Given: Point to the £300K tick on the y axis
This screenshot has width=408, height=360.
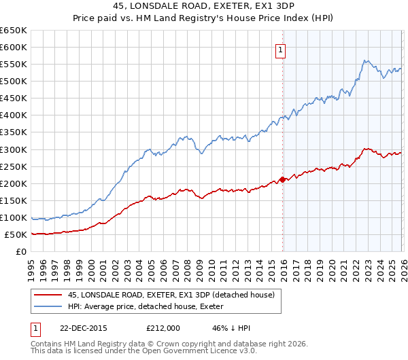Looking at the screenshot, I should click(x=14, y=149).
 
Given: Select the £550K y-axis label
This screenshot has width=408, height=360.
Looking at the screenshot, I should click(x=14, y=65).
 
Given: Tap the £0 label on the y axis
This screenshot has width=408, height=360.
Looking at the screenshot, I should click(x=21, y=252).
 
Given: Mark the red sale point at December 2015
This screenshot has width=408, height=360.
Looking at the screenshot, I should click(x=282, y=179).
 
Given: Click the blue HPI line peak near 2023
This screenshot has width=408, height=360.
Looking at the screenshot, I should click(x=365, y=60).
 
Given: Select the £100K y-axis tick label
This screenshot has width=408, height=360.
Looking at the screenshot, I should click(x=14, y=218).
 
